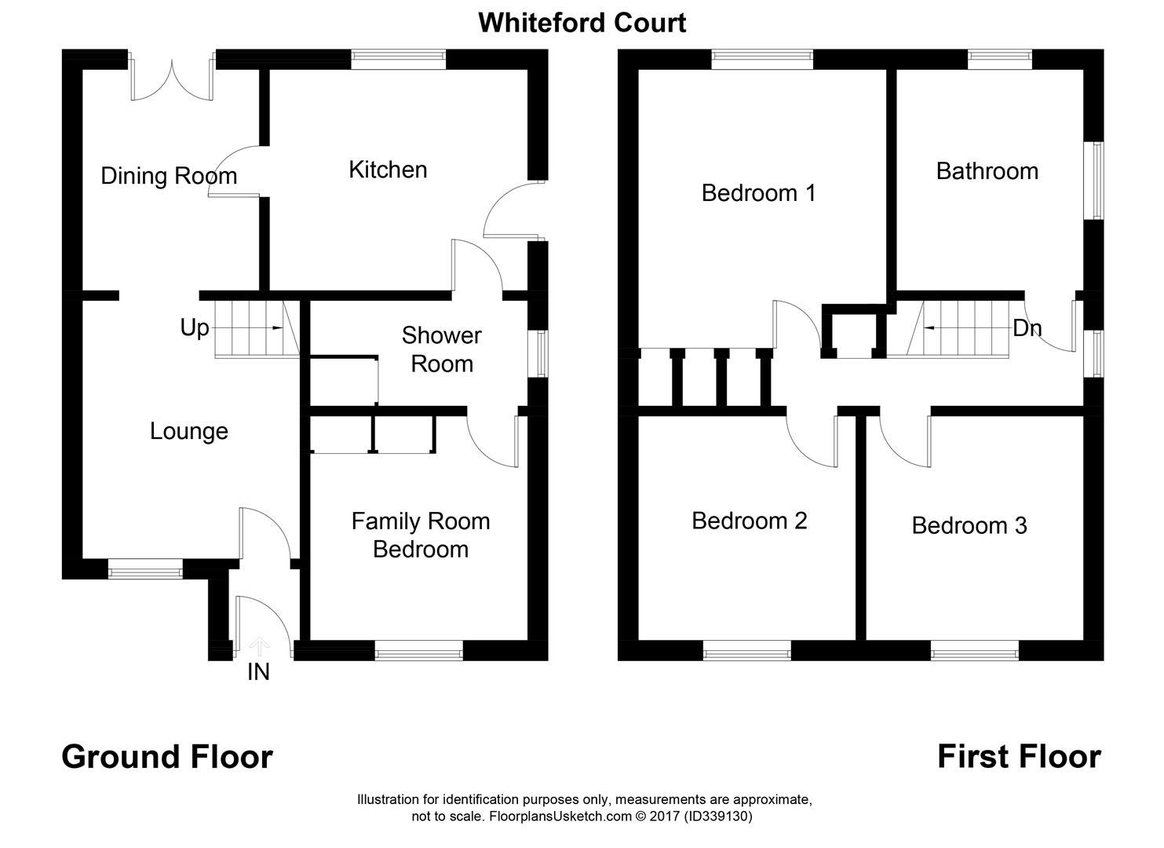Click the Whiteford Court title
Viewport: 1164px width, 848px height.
tap(582, 23)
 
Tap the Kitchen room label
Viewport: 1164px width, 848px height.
tap(388, 170)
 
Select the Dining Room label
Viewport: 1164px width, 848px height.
tap(169, 176)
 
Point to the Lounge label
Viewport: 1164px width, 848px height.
tap(189, 431)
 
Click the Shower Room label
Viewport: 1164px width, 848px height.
tap(442, 349)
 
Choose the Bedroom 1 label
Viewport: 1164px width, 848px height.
tap(758, 192)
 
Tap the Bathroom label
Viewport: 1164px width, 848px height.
tap(987, 171)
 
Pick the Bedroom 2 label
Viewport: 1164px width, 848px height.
tap(749, 521)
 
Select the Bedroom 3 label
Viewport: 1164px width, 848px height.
tap(969, 525)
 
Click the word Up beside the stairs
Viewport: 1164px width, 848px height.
tap(195, 327)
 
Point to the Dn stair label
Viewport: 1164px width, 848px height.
tap(1027, 328)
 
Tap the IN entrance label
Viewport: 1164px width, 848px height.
tap(258, 672)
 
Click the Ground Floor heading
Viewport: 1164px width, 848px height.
tap(167, 757)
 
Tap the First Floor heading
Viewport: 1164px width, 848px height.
tap(1019, 757)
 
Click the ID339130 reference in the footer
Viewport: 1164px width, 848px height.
tap(718, 817)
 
